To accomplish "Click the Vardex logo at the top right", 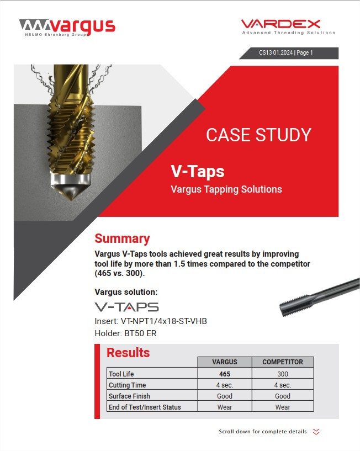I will tap(288, 26).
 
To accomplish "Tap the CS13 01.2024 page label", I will tap(286, 53).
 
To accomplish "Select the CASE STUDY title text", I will tap(258, 135).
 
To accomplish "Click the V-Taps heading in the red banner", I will tap(197, 172).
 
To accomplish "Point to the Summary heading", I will tap(122, 238).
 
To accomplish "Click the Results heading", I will tap(128, 352).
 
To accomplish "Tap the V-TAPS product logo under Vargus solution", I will tap(126, 307).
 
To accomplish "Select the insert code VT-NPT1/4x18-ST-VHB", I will tap(151, 321).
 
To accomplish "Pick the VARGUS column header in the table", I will tap(225, 362).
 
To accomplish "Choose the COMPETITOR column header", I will tap(283, 362).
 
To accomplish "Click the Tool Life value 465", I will tap(225, 374).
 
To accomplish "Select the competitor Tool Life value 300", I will tap(283, 374).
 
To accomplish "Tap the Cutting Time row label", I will tap(127, 385).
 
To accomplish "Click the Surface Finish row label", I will tap(129, 396).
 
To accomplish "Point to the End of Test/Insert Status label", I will tap(145, 407).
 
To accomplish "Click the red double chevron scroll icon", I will tap(316, 432).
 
